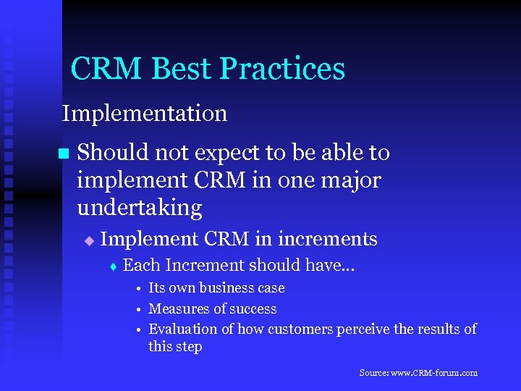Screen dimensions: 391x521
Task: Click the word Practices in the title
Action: click(282, 69)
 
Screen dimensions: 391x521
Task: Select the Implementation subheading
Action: click(145, 114)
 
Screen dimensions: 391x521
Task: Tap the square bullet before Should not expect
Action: click(62, 154)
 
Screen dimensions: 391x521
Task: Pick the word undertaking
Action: click(140, 208)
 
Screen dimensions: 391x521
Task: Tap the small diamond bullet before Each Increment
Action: click(113, 266)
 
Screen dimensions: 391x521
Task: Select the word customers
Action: click(300, 329)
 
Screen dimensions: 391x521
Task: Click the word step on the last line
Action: click(188, 347)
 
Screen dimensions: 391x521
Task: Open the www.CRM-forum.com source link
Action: click(433, 373)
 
